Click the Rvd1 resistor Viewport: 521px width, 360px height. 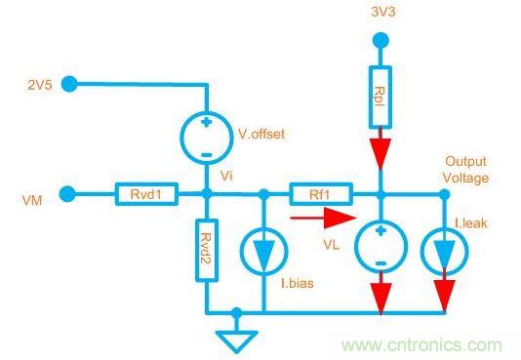pos(146,193)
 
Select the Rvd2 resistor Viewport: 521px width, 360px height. pos(207,251)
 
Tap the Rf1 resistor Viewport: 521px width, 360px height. pos(321,194)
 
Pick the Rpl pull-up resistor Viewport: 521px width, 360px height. pos(381,97)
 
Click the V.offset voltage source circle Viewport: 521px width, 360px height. pos(207,137)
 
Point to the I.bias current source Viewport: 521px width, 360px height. pos(263,251)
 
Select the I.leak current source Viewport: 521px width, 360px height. pos(445,251)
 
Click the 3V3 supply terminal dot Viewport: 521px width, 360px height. pos(381,40)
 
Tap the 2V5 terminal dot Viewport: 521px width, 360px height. pos(69,84)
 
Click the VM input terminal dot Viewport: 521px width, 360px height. pos(67,194)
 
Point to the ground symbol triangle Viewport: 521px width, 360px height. pos(236,341)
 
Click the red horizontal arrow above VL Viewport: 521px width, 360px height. pos(323,218)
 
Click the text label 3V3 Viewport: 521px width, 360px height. pos(383,12)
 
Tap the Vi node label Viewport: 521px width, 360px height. pos(226,176)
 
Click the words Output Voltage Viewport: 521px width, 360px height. pos(465,170)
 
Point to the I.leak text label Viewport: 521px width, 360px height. pos(471,223)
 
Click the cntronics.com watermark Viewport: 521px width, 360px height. pos(422,345)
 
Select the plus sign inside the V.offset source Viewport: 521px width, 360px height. pos(207,122)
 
